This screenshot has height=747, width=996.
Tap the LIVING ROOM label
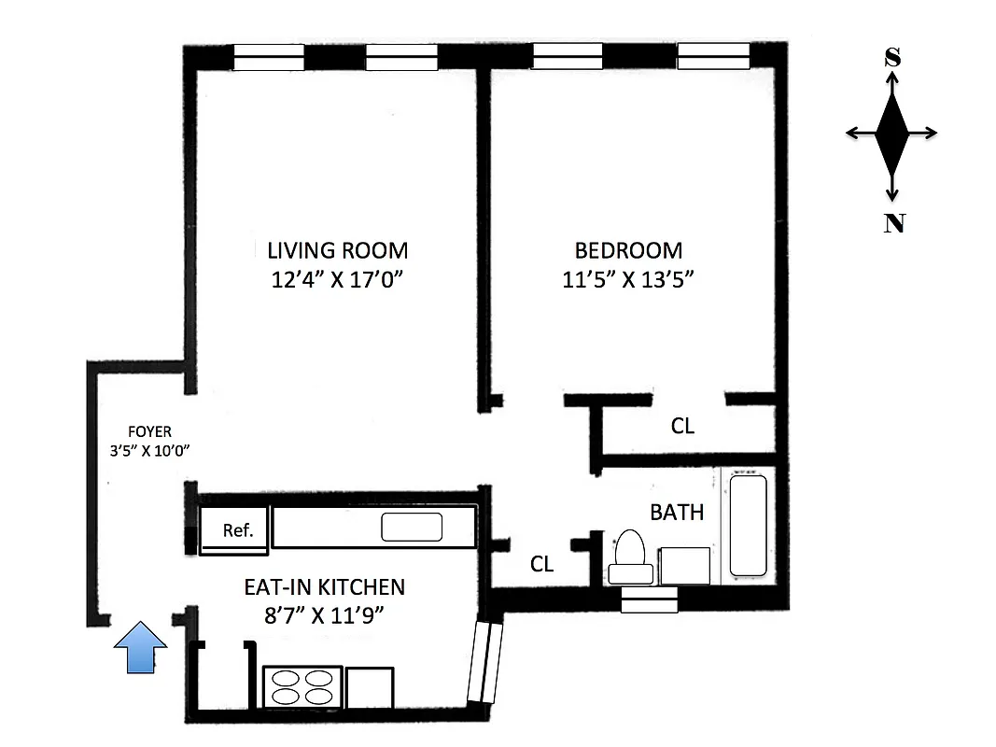click(x=337, y=250)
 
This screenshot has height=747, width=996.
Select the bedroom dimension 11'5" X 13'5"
click(x=628, y=279)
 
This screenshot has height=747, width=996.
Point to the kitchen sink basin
click(x=412, y=528)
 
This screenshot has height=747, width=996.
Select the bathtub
click(x=748, y=526)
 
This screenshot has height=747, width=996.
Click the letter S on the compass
click(x=892, y=58)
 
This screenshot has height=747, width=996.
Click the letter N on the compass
click(x=893, y=223)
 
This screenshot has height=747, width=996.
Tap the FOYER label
click(x=150, y=431)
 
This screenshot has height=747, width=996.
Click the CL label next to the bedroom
click(x=682, y=426)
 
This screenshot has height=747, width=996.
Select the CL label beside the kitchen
click(x=541, y=564)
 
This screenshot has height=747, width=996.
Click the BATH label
click(x=677, y=512)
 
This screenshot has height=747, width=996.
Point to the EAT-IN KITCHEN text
click(x=324, y=587)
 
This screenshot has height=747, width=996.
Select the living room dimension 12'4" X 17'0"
click(x=337, y=279)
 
